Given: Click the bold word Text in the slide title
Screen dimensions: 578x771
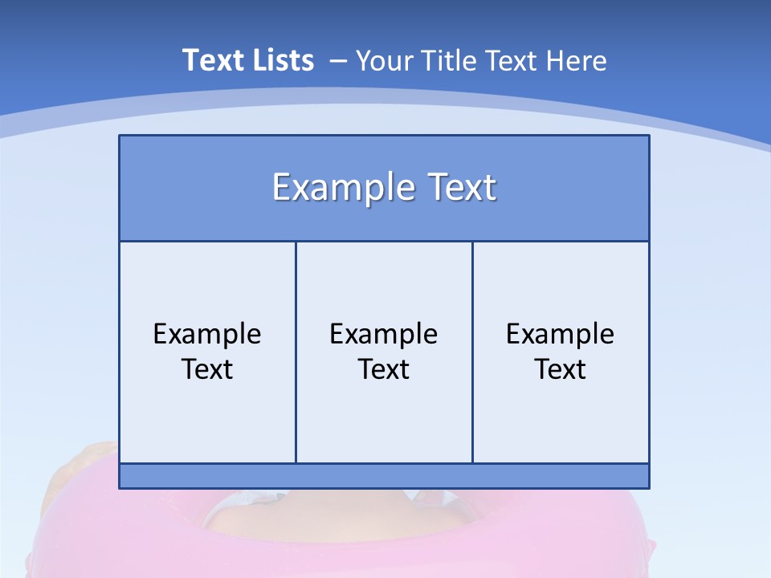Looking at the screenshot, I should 212,60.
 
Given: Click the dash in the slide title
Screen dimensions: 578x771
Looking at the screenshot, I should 338,61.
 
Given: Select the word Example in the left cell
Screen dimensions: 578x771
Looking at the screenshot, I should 207,334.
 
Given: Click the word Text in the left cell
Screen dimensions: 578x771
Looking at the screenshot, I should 207,369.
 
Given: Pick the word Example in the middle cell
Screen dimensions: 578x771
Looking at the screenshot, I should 384,334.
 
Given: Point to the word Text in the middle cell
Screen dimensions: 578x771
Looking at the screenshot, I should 384,369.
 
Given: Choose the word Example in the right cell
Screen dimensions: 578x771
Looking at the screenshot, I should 561,334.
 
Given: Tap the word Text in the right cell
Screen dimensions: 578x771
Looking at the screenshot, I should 561,369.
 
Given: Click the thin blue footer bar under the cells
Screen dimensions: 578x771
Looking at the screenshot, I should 384,476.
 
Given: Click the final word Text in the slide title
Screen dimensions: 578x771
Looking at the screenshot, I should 510,60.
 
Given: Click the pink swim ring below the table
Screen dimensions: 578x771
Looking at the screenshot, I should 120,538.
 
